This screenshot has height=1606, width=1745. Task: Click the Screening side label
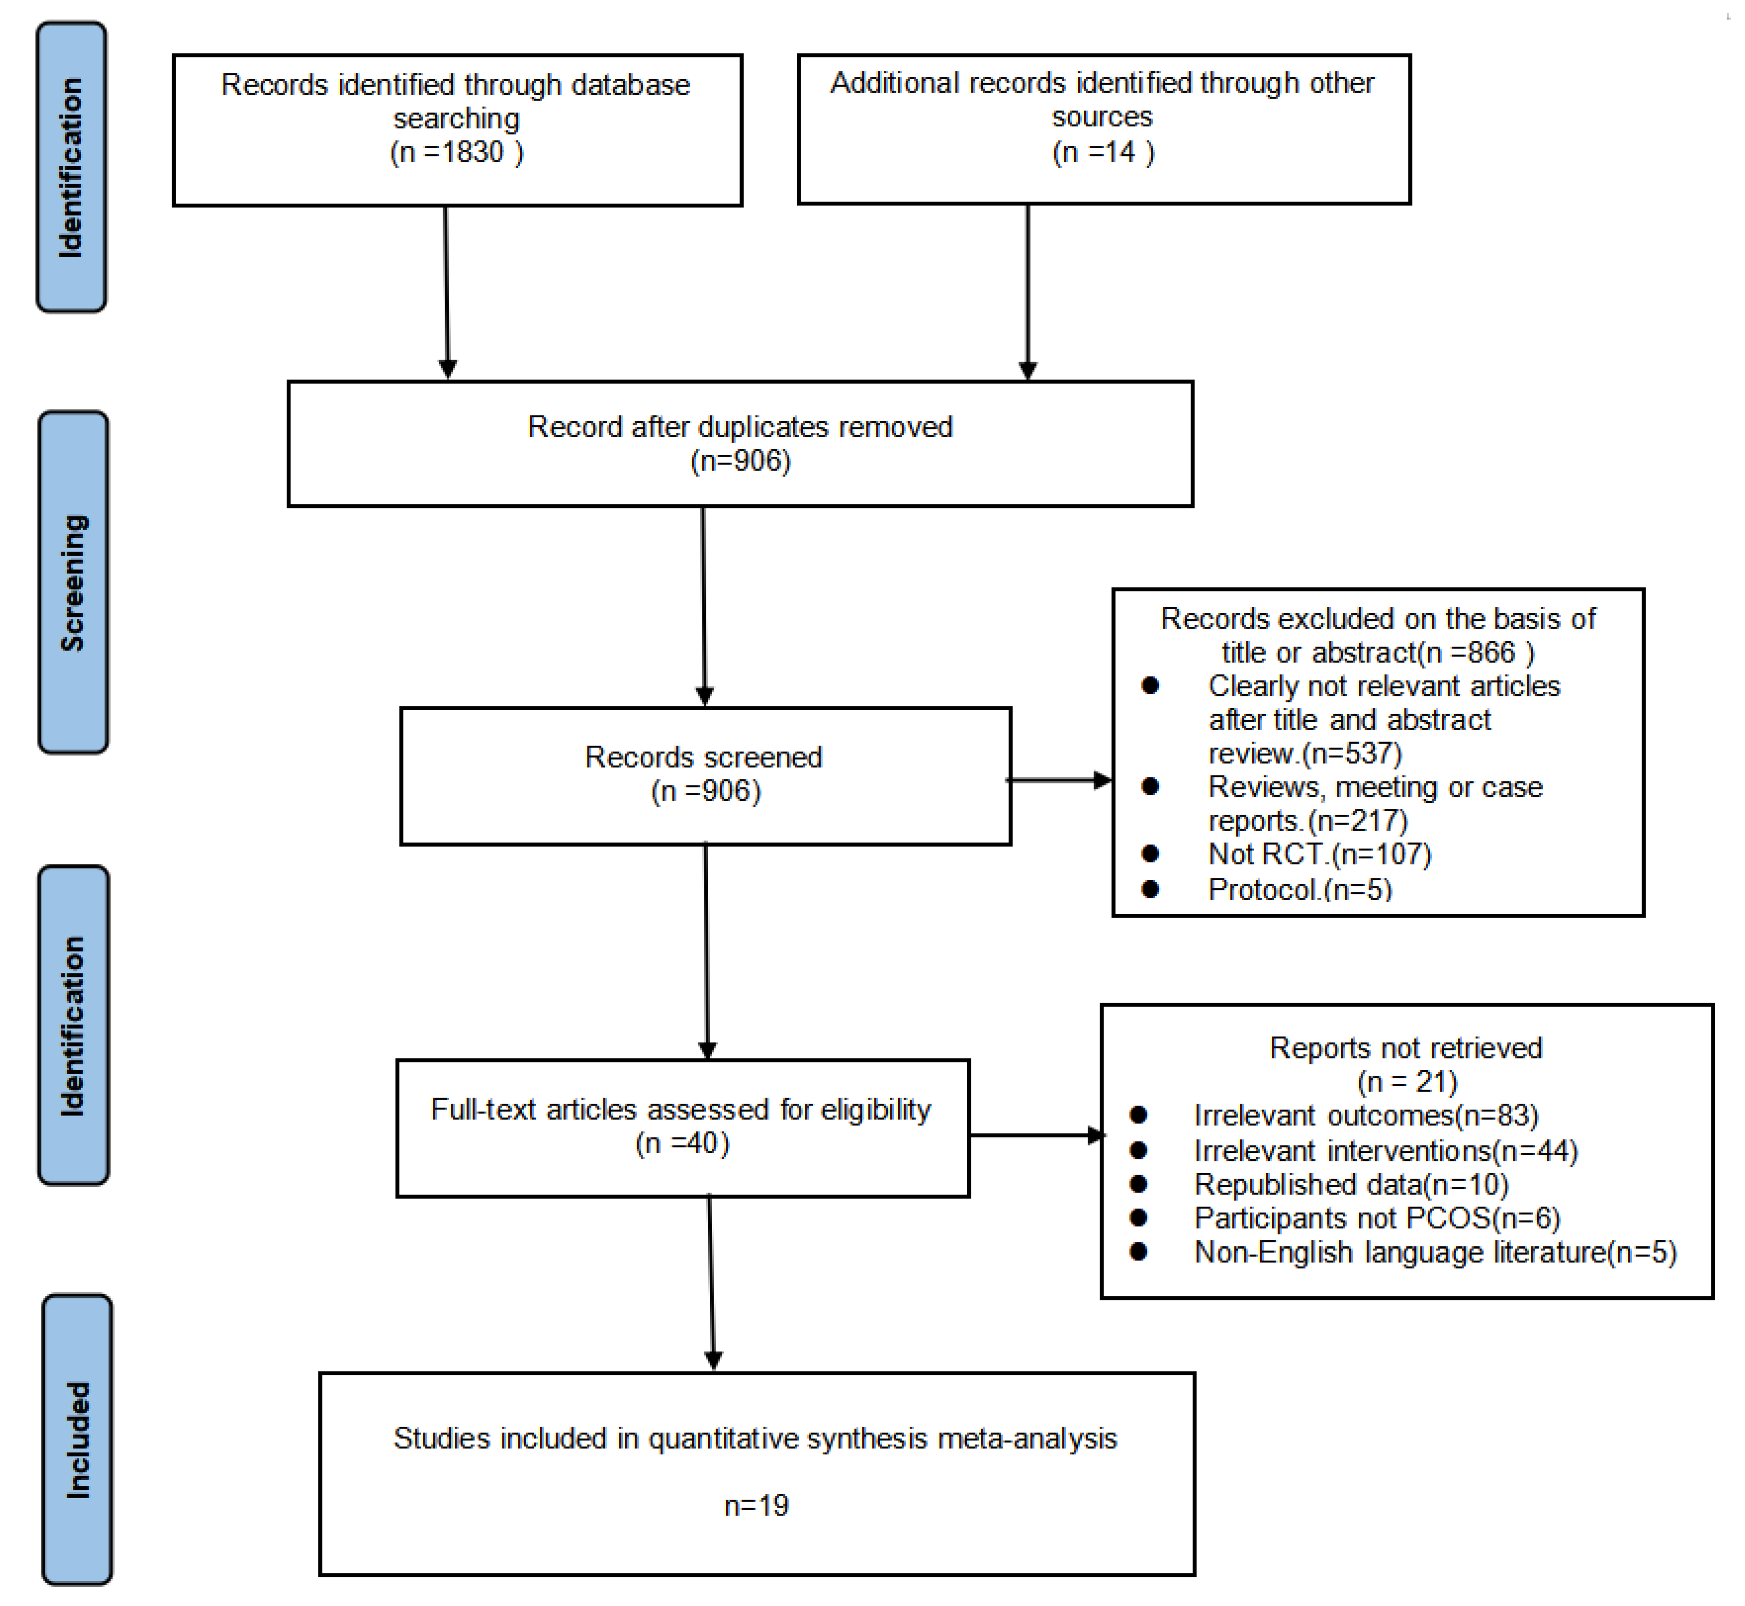[x=73, y=582]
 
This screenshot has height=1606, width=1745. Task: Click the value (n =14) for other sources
[x=1103, y=153]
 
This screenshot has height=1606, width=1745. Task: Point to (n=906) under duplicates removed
[x=741, y=460]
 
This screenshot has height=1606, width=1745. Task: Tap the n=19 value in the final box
[x=756, y=1505]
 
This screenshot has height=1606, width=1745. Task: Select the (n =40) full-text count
[x=682, y=1144]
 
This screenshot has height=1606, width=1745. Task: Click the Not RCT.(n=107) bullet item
[x=1319, y=854]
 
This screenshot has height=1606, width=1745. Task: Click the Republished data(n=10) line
[x=1351, y=1185]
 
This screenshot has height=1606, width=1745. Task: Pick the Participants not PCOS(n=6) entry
[x=1377, y=1218]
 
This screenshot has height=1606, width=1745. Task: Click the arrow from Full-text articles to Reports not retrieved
[x=1036, y=1135]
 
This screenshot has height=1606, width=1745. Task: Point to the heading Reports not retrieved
[x=1405, y=1048]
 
